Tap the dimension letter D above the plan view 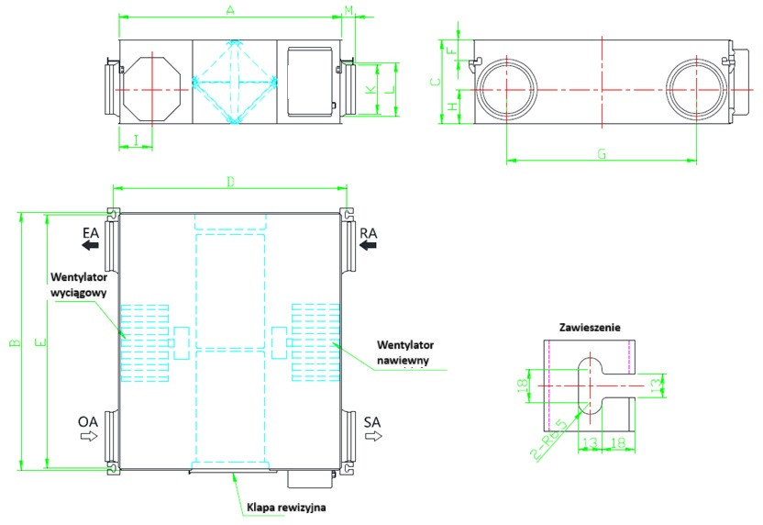tap(230, 182)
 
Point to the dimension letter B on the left tap(14, 342)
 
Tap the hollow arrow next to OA tap(89, 437)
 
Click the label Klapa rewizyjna tap(286, 506)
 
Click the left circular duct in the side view tap(506, 90)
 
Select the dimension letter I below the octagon tap(136, 140)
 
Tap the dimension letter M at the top tap(348, 9)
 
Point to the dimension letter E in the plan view tap(39, 342)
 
